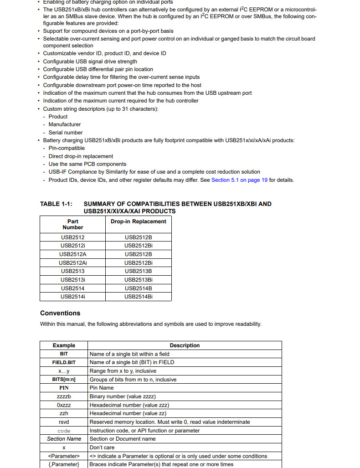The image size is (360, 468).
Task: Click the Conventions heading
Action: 60,313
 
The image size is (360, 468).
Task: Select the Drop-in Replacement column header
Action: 139,221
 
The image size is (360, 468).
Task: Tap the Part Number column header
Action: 73,224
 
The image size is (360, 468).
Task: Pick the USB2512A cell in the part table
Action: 73,254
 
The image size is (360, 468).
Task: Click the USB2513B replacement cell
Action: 139,271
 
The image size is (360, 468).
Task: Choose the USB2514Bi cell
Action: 139,297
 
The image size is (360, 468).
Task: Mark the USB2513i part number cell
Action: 73,280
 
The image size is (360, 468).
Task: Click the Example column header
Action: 64,345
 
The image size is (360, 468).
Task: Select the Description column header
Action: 185,345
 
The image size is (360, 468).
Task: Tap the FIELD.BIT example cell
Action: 64,362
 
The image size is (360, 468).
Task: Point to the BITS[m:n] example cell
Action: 64,380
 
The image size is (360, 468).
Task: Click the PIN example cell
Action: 64,388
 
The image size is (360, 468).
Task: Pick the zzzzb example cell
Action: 64,396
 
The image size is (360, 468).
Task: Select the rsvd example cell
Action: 64,422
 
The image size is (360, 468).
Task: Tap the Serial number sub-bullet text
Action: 66,133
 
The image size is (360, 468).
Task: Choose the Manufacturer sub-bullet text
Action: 65,124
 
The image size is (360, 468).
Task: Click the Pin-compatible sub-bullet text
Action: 67,148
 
